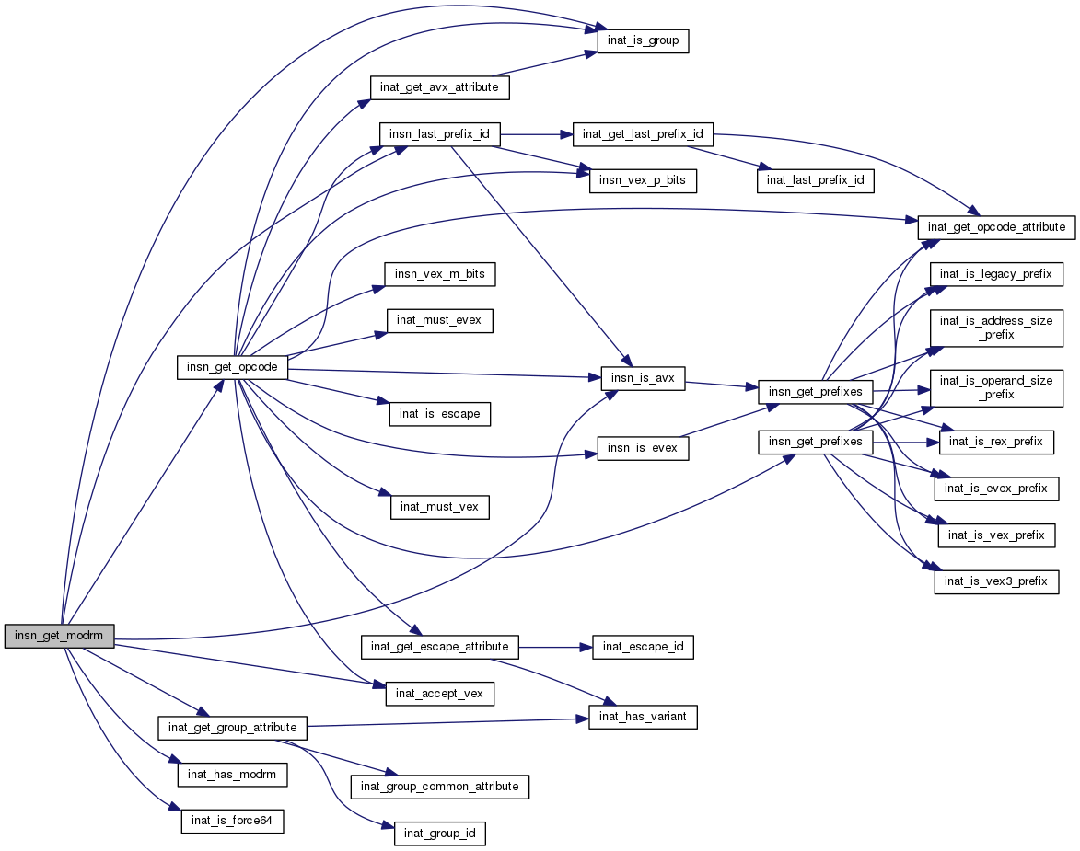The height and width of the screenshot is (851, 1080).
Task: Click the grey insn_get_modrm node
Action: [x=60, y=636]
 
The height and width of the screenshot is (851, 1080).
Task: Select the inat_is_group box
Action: [x=643, y=41]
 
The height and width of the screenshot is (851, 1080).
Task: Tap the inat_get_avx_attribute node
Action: [x=439, y=87]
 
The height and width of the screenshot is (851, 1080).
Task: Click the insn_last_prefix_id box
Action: [x=439, y=134]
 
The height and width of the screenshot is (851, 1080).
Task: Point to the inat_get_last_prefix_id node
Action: [x=643, y=134]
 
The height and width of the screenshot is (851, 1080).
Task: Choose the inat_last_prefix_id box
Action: [x=814, y=181]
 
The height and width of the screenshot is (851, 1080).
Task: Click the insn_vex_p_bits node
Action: [x=643, y=181]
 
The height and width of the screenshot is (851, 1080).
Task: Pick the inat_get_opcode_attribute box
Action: [x=996, y=226]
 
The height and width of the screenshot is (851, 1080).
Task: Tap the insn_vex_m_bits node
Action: [x=439, y=274]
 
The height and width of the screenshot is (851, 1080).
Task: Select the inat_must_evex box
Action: [x=439, y=320]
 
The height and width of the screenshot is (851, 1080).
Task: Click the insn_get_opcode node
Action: [x=232, y=367]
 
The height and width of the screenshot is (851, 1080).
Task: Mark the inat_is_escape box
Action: [x=439, y=414]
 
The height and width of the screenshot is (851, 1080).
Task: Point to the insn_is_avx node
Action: [x=643, y=378]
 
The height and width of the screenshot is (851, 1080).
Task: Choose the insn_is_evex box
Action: [x=643, y=448]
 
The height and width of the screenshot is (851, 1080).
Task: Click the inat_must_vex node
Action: [x=439, y=507]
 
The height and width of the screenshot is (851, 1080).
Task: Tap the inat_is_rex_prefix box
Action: [x=995, y=442]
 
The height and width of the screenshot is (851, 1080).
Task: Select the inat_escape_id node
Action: [x=643, y=647]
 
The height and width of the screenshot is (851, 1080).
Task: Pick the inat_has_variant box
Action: [x=643, y=717]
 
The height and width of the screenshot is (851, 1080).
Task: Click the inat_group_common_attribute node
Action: [x=439, y=787]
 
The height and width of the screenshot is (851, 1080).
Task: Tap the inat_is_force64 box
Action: [x=231, y=821]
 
